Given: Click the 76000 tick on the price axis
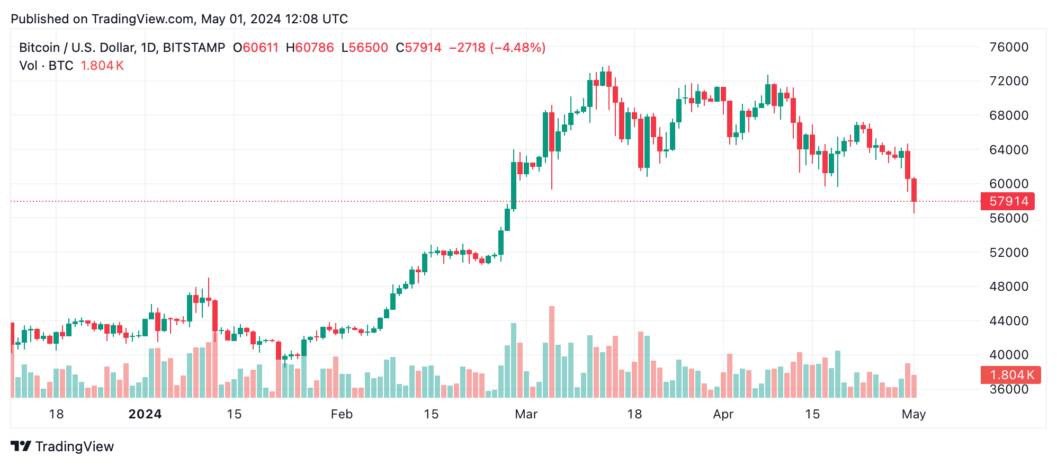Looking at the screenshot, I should click(1009, 47).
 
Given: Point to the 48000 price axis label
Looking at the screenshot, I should click(1009, 287).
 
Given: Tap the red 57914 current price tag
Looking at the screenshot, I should click(1008, 201).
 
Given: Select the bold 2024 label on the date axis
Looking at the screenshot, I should click(145, 414).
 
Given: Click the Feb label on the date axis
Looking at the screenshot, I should click(342, 414).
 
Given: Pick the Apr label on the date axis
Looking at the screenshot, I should click(723, 414).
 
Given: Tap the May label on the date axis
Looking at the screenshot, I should click(913, 414).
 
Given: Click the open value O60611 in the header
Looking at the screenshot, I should click(256, 48).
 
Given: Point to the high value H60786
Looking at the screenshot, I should click(310, 48).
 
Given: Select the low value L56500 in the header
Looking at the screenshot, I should click(365, 48).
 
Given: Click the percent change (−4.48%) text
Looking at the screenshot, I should click(517, 48).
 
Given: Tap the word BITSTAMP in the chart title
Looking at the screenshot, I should click(194, 48).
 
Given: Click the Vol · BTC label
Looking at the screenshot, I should click(46, 66).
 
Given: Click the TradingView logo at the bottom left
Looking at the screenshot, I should click(62, 446).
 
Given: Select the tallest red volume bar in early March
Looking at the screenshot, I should click(552, 352).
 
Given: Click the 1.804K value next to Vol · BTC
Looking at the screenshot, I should click(102, 66).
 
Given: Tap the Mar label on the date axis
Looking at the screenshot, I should click(526, 414).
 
